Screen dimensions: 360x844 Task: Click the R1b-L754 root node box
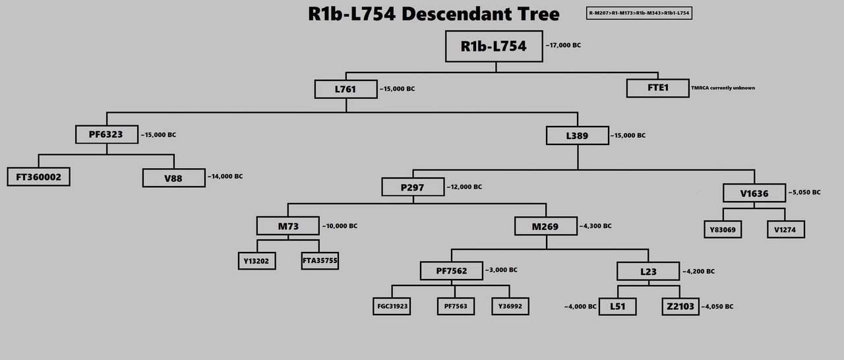click(x=494, y=46)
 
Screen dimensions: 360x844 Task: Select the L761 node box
click(x=346, y=88)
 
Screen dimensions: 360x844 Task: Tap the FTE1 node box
click(x=657, y=88)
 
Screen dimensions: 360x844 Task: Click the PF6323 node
click(x=105, y=135)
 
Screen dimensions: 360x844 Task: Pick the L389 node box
click(x=578, y=135)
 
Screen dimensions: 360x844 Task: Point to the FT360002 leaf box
click(x=38, y=177)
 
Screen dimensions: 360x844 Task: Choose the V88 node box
click(x=174, y=177)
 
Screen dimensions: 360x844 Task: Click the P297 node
click(x=413, y=187)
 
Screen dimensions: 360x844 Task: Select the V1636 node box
click(x=754, y=193)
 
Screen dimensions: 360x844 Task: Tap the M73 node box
click(x=287, y=226)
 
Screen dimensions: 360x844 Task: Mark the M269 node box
click(x=545, y=226)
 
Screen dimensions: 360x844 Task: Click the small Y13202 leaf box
click(x=257, y=260)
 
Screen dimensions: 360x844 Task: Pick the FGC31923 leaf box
click(x=392, y=306)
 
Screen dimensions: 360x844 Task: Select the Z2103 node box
click(x=680, y=307)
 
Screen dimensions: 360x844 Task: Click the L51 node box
click(x=618, y=307)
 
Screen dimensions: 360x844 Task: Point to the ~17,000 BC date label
click(x=563, y=45)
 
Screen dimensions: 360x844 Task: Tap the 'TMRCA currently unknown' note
click(x=723, y=88)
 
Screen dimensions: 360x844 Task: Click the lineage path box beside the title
click(x=639, y=13)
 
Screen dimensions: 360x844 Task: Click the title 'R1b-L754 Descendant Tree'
click(x=434, y=14)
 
